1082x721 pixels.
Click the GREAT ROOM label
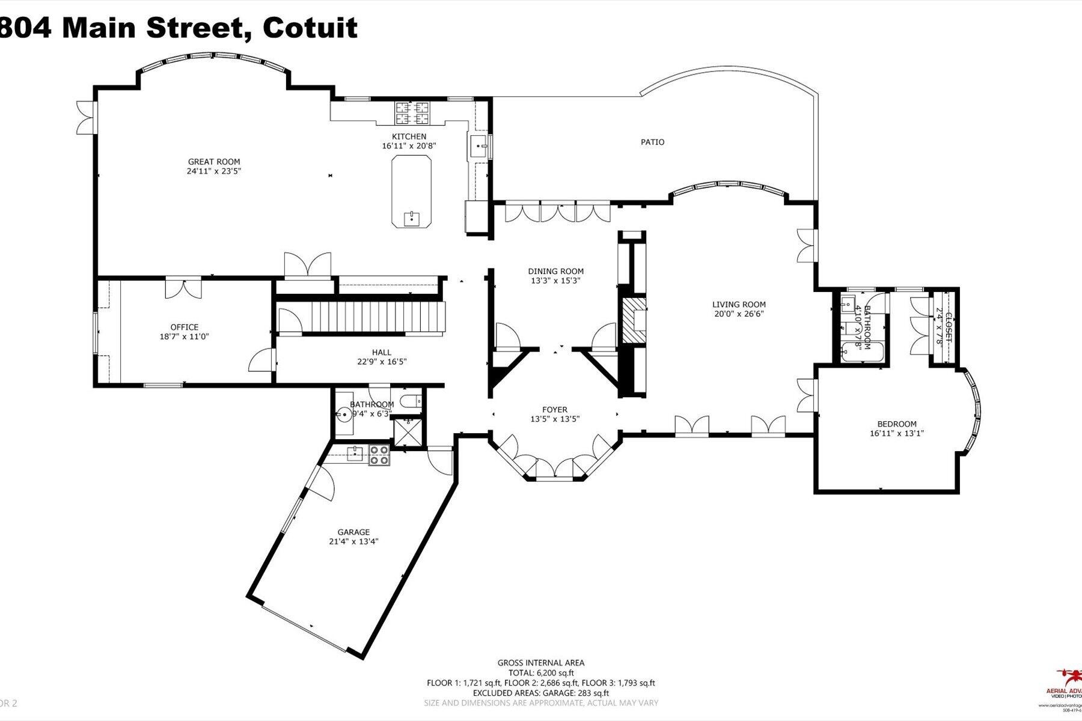[214, 162]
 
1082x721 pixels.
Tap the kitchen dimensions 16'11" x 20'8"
[409, 146]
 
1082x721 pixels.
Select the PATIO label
[652, 142]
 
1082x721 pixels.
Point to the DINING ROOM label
[555, 272]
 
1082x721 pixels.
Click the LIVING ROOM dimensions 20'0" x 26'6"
[739, 314]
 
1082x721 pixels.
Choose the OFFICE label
[185, 327]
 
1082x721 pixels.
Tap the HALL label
[381, 353]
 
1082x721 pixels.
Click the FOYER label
[554, 410]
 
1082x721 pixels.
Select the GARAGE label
[353, 532]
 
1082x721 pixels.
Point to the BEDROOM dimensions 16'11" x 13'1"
[896, 433]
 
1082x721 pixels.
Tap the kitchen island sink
[412, 217]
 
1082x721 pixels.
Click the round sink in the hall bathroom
[344, 415]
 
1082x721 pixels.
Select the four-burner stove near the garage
[379, 455]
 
